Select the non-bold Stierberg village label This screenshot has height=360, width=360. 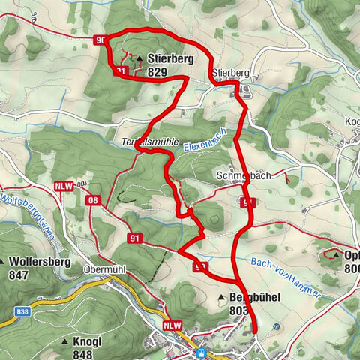tap(230, 73)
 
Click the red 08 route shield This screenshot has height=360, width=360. tap(93, 200)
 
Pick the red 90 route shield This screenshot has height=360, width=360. tap(101, 40)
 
